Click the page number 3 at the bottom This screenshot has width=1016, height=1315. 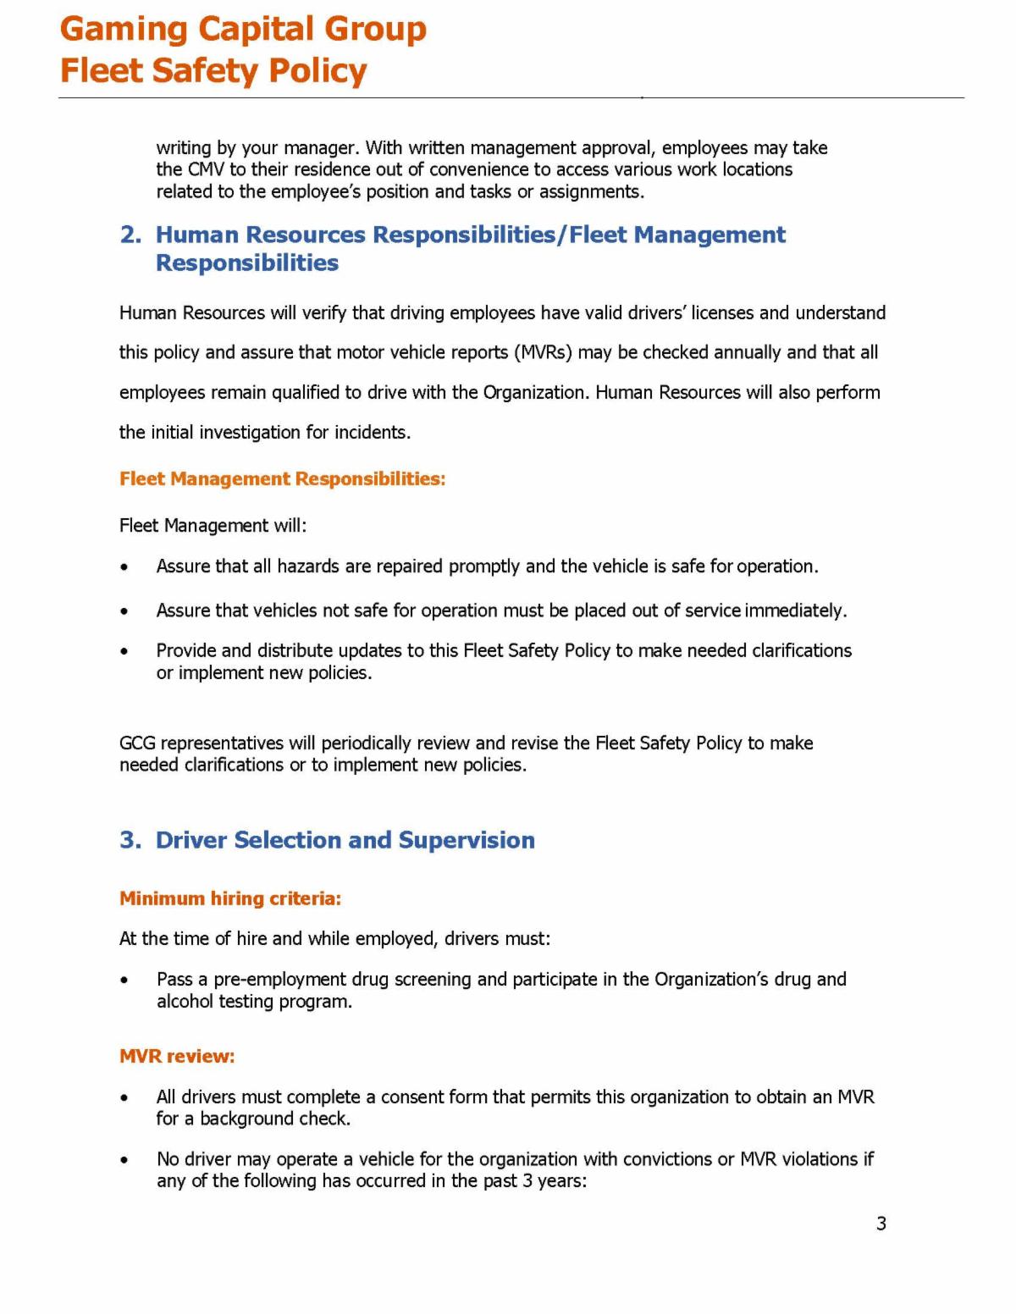click(x=881, y=1224)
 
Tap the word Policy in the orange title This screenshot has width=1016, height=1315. click(x=317, y=71)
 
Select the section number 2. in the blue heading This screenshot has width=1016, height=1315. click(x=130, y=235)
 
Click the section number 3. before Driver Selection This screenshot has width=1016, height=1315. click(x=130, y=840)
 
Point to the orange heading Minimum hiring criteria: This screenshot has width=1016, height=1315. click(x=230, y=898)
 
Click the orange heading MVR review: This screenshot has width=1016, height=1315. click(x=177, y=1056)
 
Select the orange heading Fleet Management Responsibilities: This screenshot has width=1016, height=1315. click(x=282, y=479)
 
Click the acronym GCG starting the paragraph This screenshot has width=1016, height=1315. click(x=137, y=743)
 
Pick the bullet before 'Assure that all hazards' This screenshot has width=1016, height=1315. click(x=125, y=567)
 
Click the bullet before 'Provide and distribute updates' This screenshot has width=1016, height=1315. click(x=125, y=652)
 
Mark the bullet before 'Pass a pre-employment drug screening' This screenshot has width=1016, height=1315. click(x=125, y=981)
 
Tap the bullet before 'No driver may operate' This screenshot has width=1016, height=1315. click(x=125, y=1160)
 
